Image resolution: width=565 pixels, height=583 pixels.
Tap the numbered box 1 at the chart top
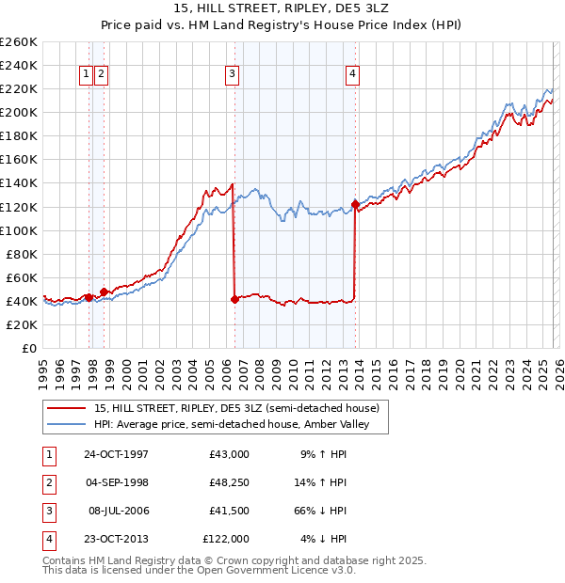pos(86,75)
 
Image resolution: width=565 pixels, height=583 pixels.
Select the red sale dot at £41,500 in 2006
pos(234,299)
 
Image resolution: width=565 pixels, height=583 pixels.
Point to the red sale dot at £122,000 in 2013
pos(355,204)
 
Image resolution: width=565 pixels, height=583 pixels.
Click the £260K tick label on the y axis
pos(19,42)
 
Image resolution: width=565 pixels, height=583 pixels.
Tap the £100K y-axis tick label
pos(19,230)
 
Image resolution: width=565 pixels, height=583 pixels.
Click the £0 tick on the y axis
pos(30,348)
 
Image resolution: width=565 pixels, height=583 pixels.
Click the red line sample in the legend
pos(66,408)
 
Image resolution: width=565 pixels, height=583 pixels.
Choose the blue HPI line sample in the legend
pos(66,425)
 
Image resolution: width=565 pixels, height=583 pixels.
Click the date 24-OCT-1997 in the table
pos(116,454)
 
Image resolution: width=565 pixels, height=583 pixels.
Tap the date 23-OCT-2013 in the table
pos(116,539)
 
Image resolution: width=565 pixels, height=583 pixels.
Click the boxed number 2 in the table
pos(48,482)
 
